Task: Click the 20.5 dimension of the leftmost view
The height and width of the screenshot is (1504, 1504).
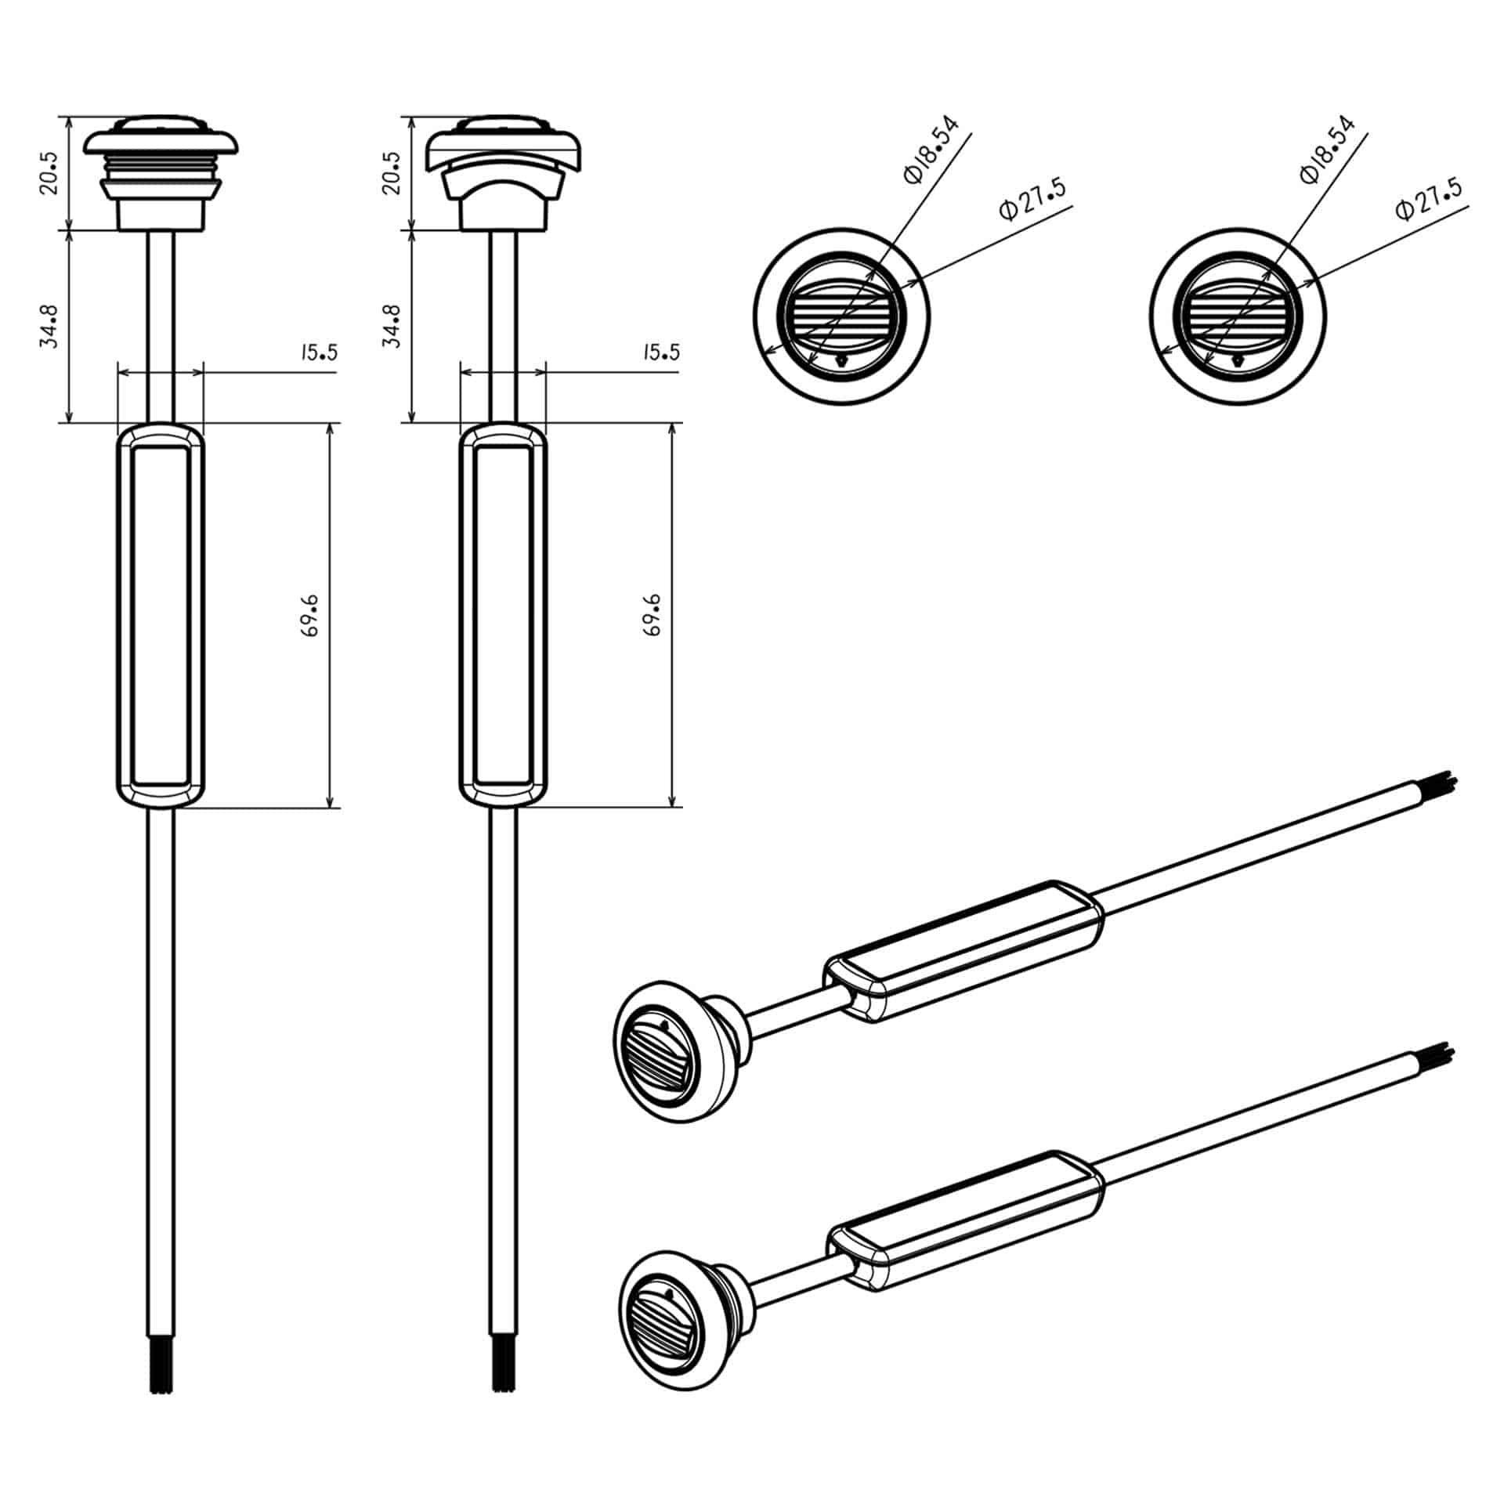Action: pos(49,172)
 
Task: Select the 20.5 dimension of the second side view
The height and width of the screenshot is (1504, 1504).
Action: pos(392,172)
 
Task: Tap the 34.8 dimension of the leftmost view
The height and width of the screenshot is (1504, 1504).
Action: pos(49,326)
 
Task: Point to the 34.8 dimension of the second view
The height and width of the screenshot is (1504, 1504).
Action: pos(392,326)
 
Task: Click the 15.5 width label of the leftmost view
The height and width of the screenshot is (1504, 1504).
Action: pos(318,352)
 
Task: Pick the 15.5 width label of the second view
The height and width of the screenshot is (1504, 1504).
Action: pos(661,352)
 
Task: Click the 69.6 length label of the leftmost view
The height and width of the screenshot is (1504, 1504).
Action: pos(310,616)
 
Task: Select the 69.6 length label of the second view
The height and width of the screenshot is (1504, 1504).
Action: pos(653,616)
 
